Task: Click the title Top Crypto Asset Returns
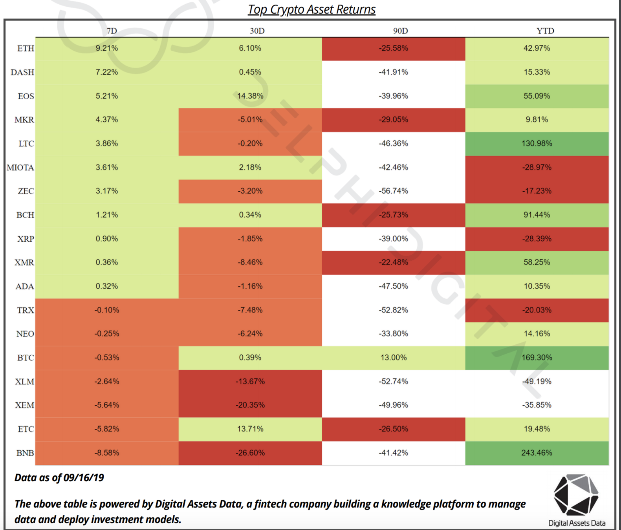311,9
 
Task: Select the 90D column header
400,31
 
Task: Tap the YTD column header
545,31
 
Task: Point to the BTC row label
26,358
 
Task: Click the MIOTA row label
20,168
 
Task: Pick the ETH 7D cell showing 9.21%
107,48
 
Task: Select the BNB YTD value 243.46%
537,453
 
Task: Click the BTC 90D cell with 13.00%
394,358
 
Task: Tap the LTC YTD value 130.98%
537,144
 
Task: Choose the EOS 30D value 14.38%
250,96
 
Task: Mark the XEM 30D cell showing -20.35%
250,405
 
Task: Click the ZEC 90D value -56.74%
394,191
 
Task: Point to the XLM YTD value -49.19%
537,382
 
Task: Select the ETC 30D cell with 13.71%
250,429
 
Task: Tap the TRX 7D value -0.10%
107,310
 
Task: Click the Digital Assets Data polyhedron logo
576,495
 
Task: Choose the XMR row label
24,263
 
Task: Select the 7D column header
112,31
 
